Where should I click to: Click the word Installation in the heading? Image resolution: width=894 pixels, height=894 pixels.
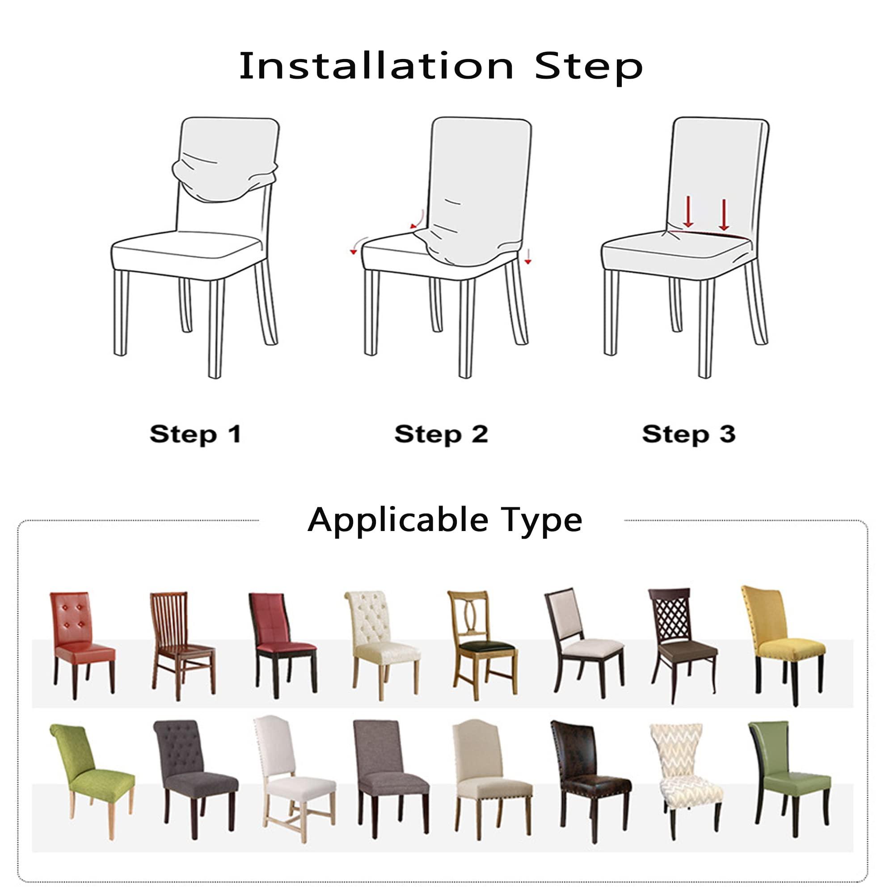tap(376, 66)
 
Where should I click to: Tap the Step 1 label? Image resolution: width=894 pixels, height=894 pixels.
tap(195, 434)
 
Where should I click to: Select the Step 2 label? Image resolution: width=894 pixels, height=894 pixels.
tap(441, 434)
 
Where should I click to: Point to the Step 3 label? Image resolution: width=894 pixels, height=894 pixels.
tap(688, 434)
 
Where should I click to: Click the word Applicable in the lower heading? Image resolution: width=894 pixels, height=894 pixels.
tap(397, 520)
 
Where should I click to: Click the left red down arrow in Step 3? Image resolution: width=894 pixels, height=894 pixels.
tap(688, 211)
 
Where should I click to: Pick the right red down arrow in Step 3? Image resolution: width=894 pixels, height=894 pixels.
tap(724, 215)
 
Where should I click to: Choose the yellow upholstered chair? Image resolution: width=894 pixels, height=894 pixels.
tap(783, 644)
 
